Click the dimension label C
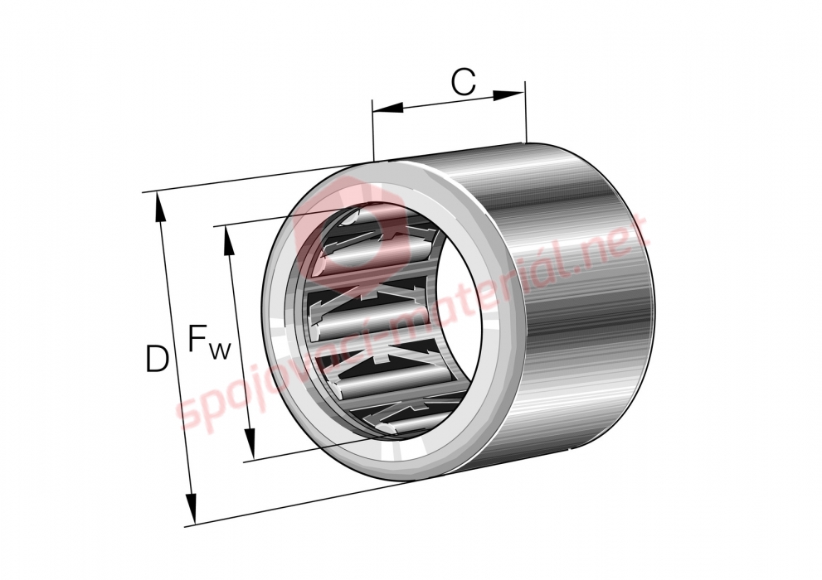[x=464, y=82]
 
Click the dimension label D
[x=157, y=359]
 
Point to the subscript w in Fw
[x=220, y=350]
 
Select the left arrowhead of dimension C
[x=388, y=108]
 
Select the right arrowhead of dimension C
[x=508, y=94]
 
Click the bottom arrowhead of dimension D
[x=192, y=507]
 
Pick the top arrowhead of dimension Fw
[x=229, y=241]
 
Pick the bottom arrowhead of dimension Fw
[x=250, y=444]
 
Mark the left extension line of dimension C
[x=372, y=130]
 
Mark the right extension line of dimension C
[x=525, y=112]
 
